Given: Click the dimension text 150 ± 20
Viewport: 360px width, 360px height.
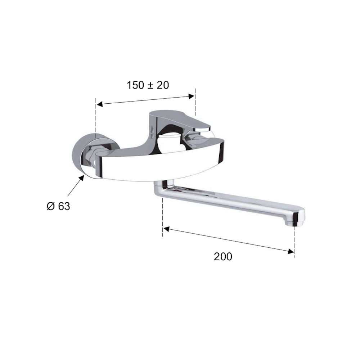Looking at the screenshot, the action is [148, 85].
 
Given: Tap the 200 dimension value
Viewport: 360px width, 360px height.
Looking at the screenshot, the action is [223, 256].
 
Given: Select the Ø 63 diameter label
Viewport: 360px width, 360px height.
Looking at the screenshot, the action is [58, 206].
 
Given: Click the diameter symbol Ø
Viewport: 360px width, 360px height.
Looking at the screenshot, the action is [51, 206].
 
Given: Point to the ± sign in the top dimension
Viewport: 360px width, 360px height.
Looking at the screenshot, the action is [149, 86].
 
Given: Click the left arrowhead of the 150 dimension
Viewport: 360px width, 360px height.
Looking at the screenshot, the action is [99, 104].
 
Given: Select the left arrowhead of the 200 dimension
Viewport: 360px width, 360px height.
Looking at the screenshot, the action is [166, 229].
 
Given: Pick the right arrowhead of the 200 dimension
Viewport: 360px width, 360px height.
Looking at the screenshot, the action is [291, 251].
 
